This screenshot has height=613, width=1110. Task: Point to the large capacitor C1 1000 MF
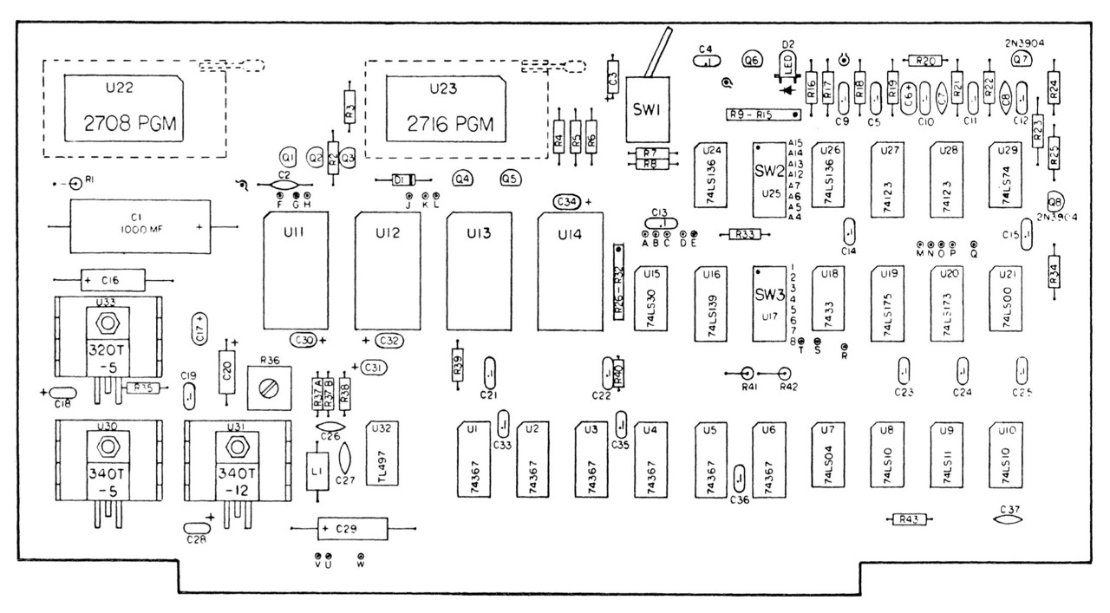pos(139,226)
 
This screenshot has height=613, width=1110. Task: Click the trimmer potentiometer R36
pos(267,382)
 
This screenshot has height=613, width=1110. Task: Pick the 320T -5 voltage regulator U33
pos(108,342)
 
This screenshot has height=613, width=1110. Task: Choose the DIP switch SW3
pos(769,303)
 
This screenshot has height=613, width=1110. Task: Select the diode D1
pos(401,180)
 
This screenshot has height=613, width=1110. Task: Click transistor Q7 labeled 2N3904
pos(1022,59)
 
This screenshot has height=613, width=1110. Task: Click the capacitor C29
pos(352,527)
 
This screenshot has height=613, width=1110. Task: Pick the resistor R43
pos(909,519)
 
